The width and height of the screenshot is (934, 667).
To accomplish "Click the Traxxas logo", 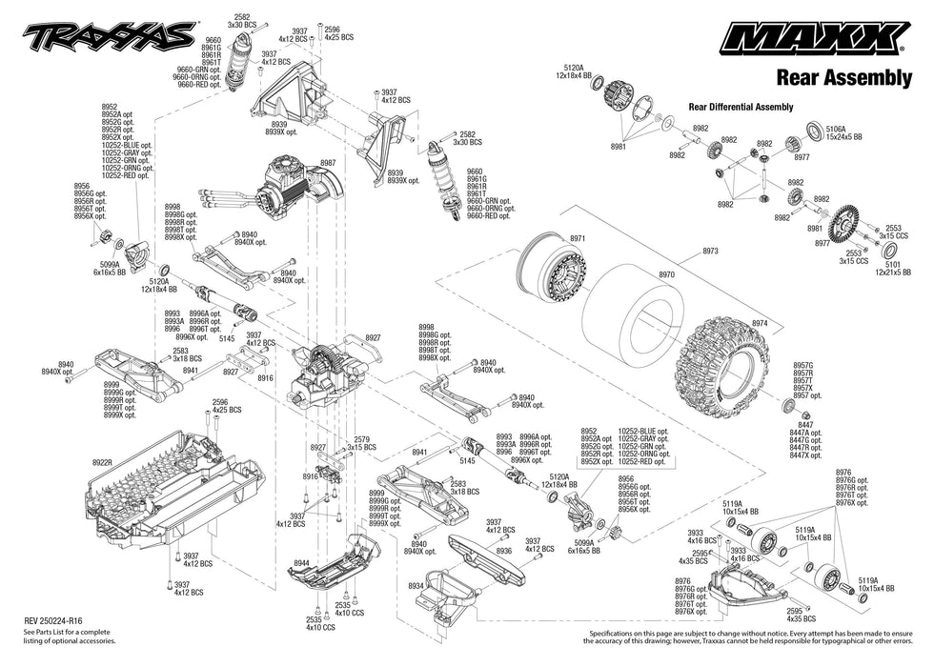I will pyautogui.click(x=112, y=37).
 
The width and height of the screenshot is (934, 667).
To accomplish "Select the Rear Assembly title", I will pyautogui.click(x=843, y=78).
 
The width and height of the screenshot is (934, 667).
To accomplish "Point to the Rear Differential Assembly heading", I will pyautogui.click(x=741, y=107).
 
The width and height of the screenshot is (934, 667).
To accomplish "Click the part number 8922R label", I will pyautogui.click(x=103, y=462).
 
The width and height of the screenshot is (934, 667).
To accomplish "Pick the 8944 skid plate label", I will pyautogui.click(x=302, y=564).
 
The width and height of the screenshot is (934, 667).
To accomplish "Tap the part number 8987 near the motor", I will pyautogui.click(x=328, y=163).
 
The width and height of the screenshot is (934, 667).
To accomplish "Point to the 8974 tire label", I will pyautogui.click(x=759, y=323).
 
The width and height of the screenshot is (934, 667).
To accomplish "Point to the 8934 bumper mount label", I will pyautogui.click(x=416, y=586).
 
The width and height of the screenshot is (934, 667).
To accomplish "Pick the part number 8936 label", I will pyautogui.click(x=504, y=550).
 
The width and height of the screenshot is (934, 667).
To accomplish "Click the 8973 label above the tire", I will pyautogui.click(x=710, y=251).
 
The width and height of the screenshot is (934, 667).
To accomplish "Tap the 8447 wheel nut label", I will pyautogui.click(x=806, y=425).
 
